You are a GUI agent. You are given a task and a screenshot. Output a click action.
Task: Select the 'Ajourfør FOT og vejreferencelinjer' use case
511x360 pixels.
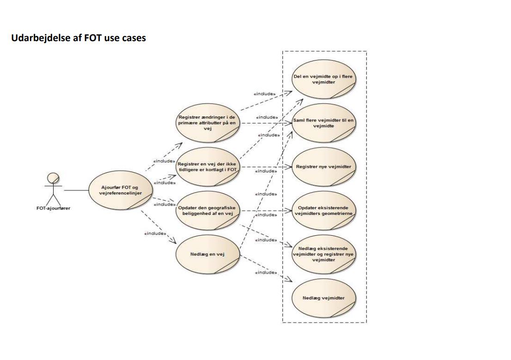(x=120, y=189)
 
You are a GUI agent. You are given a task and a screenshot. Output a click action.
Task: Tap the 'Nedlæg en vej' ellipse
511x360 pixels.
(x=208, y=254)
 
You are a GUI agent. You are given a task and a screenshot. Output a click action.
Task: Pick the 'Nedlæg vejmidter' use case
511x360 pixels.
(x=323, y=298)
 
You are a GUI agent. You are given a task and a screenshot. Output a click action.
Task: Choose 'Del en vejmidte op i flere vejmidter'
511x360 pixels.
(x=323, y=79)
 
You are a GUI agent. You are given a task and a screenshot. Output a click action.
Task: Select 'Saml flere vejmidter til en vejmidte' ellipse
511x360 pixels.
(x=323, y=122)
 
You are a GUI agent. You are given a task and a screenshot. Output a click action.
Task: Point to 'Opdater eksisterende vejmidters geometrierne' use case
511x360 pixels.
(x=323, y=211)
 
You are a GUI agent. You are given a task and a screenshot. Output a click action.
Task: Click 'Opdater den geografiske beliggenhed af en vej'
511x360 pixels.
(x=208, y=211)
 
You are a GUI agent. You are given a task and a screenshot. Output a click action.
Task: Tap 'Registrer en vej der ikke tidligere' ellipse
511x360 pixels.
(x=208, y=166)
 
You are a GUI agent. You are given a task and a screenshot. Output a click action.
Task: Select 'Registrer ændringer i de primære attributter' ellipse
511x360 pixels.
(x=208, y=123)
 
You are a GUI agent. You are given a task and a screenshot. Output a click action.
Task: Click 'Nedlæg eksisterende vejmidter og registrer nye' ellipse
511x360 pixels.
(x=323, y=254)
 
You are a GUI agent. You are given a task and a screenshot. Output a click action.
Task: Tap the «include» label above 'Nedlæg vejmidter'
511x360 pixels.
(x=266, y=273)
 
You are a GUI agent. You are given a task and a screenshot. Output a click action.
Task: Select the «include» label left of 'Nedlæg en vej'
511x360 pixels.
(x=155, y=233)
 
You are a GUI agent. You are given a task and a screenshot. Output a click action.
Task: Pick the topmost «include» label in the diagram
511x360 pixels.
(x=265, y=94)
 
